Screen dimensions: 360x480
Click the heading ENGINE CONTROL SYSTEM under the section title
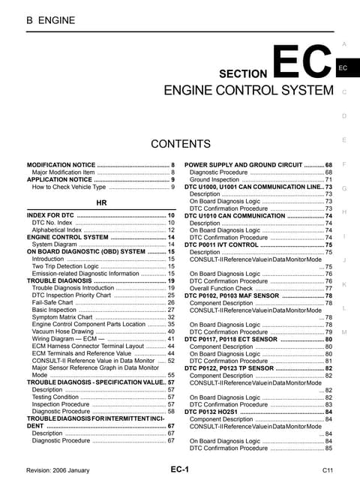248,91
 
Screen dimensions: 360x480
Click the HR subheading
102,203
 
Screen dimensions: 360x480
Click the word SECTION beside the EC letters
243,74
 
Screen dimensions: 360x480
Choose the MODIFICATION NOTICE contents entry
61,165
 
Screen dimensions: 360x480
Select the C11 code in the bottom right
328,469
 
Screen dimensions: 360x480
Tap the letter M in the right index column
343,331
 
